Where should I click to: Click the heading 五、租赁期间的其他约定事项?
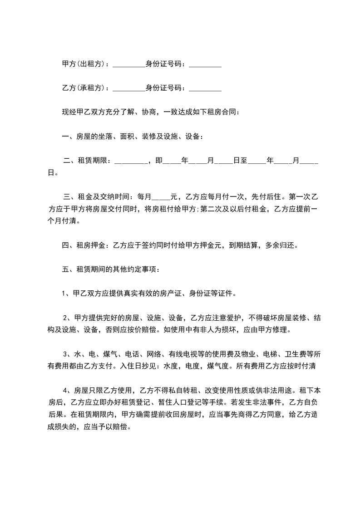point(111,269)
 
